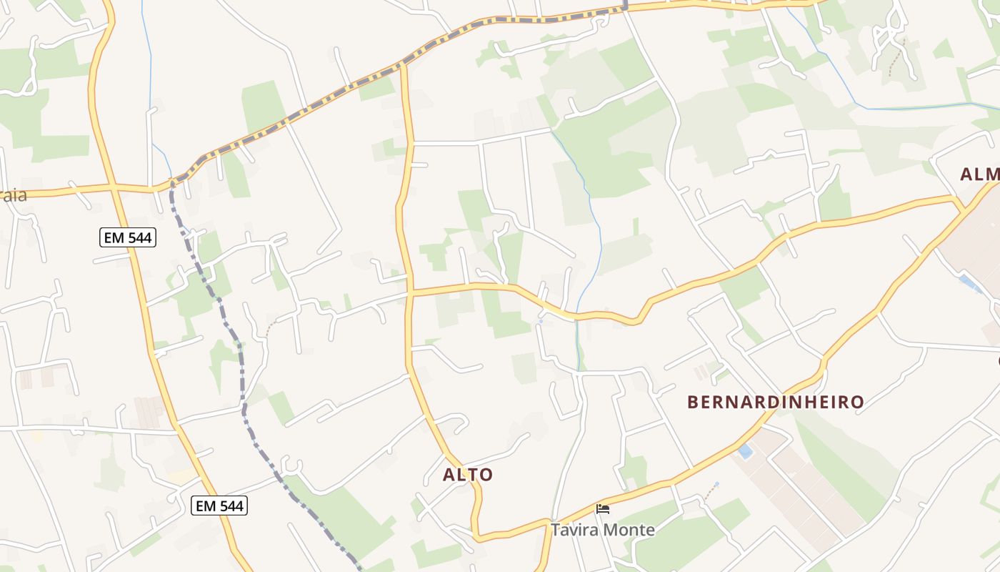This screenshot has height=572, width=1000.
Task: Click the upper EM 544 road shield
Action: [x=128, y=237]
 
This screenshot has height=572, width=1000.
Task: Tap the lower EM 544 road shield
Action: [x=219, y=506]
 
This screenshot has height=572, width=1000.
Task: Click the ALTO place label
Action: [x=468, y=475]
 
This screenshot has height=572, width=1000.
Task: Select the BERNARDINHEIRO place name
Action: [x=776, y=402]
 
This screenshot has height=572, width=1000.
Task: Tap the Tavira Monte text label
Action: [x=602, y=530]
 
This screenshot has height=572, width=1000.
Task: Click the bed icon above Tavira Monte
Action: [x=603, y=510]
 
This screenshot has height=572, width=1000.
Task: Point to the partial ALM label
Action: [x=979, y=174]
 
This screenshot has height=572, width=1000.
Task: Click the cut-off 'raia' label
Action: [x=13, y=195]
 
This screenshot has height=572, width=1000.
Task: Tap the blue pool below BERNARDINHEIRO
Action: [x=745, y=452]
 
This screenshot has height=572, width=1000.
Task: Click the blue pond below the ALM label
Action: [x=969, y=284]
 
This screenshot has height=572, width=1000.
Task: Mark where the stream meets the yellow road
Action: [x=577, y=315]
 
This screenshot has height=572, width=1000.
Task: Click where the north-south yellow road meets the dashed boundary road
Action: [x=404, y=64]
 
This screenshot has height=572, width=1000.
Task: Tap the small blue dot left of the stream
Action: [x=541, y=322]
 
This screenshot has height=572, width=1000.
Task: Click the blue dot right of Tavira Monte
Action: [x=716, y=484]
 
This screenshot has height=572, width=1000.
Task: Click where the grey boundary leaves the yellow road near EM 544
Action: [x=172, y=184]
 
